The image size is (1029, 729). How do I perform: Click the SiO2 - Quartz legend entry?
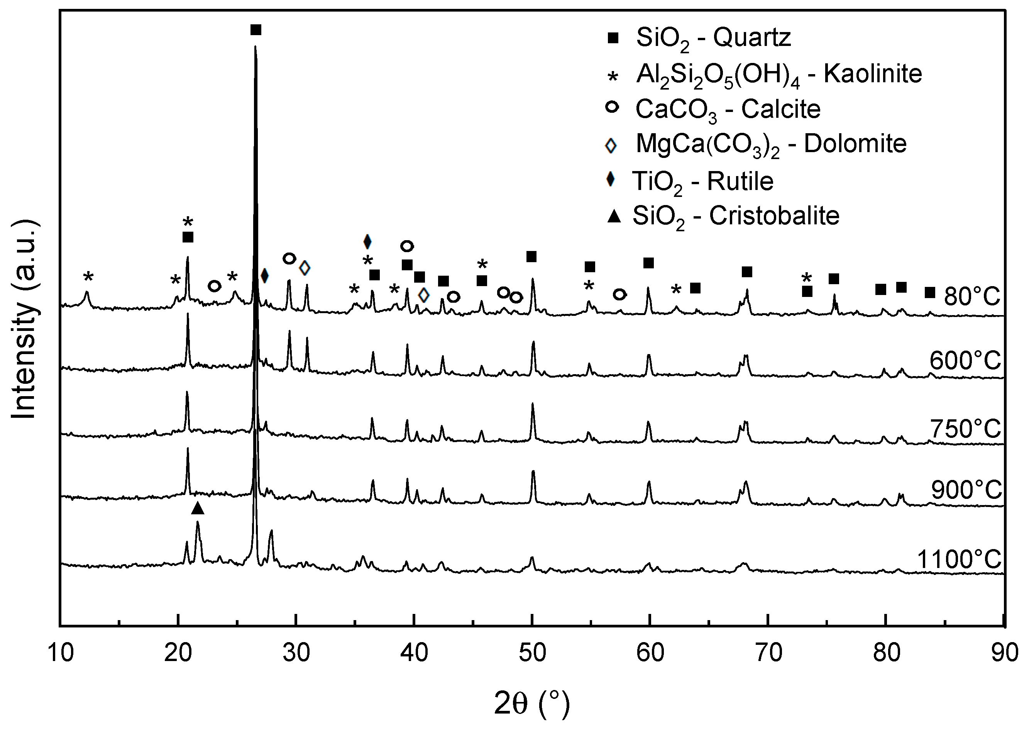click(x=714, y=38)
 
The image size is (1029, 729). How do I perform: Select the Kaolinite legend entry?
click(x=779, y=74)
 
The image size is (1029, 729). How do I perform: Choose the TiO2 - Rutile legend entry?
click(x=703, y=181)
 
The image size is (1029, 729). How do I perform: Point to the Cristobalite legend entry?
click(x=736, y=216)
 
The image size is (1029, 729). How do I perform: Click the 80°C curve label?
click(x=972, y=296)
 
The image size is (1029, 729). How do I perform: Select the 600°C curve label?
click(x=965, y=360)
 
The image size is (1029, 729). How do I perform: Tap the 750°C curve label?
click(x=965, y=429)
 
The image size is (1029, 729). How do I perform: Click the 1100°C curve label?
click(x=958, y=560)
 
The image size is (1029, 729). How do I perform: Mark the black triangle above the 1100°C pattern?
click(x=198, y=508)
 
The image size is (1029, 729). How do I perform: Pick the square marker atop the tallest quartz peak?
click(x=256, y=30)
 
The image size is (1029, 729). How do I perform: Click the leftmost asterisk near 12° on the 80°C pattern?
click(x=88, y=277)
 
